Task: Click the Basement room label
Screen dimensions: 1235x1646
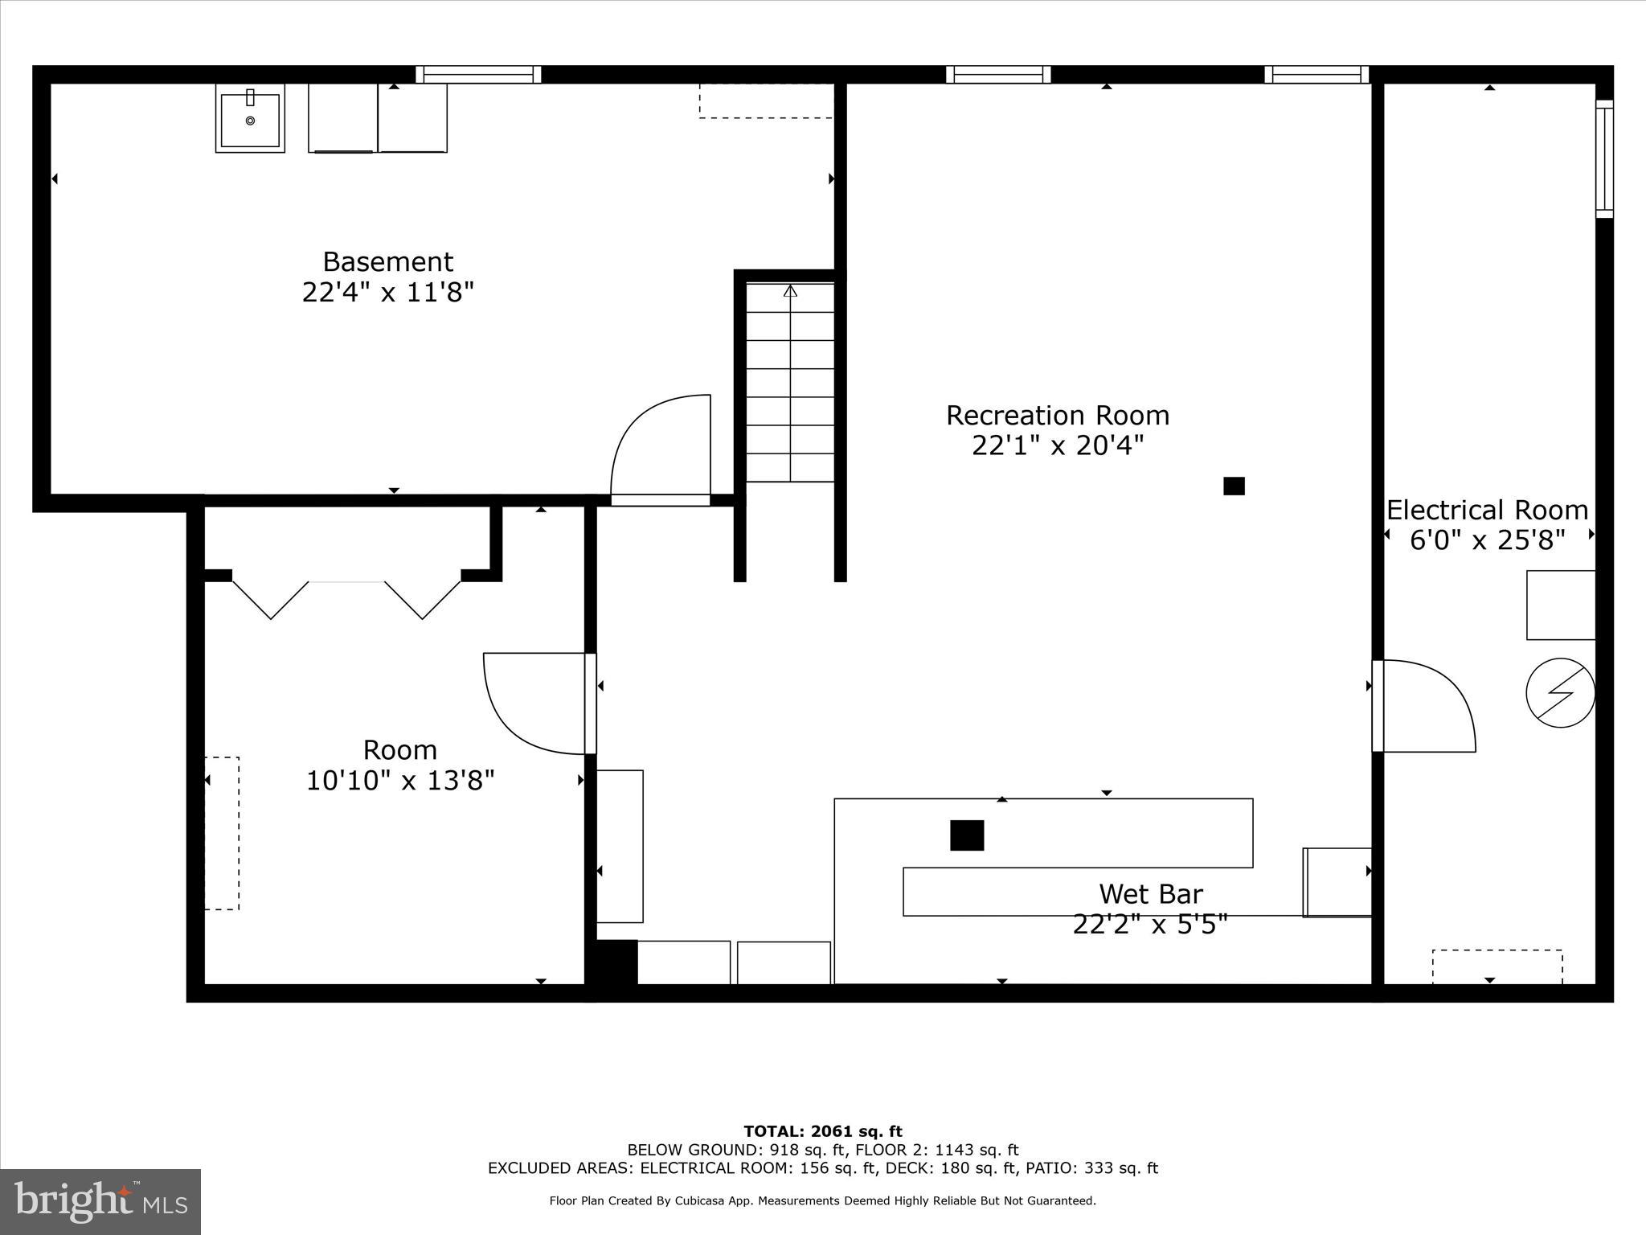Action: [387, 262]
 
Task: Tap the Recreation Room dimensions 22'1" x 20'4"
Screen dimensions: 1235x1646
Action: [1057, 445]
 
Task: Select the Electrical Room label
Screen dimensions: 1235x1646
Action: [1487, 511]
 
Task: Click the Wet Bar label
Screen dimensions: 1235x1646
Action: [1150, 894]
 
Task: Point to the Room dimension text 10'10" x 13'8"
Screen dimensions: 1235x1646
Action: [400, 780]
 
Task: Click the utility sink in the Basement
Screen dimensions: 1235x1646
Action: [250, 118]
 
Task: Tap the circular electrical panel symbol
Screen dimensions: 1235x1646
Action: [1560, 692]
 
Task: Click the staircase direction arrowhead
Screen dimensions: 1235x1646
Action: [790, 291]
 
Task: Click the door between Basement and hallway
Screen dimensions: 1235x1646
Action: [661, 450]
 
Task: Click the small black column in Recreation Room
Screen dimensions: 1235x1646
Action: [1234, 486]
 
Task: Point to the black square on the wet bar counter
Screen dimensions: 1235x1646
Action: [967, 835]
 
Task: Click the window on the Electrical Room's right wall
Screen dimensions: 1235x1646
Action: [1604, 159]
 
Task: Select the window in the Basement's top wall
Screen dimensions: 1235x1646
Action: [478, 75]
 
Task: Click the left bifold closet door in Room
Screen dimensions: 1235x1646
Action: [270, 599]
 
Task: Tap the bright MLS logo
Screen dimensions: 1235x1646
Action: [100, 1201]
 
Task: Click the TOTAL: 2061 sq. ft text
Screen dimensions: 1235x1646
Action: [823, 1131]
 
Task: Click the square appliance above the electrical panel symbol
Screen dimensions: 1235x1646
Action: [1560, 605]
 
